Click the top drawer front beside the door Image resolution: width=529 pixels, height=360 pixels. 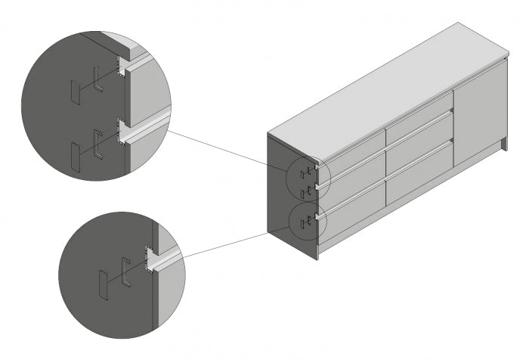click(418, 121)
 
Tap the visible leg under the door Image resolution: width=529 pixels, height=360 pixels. click(501, 144)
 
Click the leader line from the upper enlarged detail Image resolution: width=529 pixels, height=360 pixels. click(227, 148)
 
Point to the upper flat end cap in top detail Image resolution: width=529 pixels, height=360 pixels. click(74, 92)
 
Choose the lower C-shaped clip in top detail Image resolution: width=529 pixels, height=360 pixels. click(97, 144)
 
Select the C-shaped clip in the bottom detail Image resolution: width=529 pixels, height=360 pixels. click(125, 273)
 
